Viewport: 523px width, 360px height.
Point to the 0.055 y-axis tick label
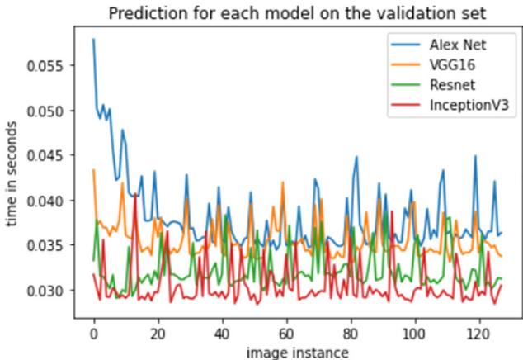coord(49,65)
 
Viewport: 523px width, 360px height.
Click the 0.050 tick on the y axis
coord(49,111)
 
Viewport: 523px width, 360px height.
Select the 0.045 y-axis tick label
coord(49,155)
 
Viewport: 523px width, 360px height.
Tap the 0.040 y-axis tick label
coord(49,201)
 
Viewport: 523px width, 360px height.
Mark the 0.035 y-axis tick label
coord(49,246)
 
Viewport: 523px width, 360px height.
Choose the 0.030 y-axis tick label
coord(49,291)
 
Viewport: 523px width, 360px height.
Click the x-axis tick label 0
coord(93,335)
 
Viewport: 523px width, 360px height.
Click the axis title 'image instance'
coord(297,353)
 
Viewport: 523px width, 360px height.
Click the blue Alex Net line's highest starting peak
coord(94,39)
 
